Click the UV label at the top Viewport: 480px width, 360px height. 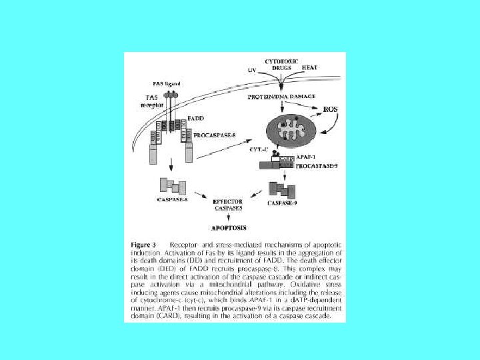[x=252, y=70]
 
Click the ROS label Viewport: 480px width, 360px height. [x=330, y=109]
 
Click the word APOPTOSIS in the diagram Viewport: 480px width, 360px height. [x=229, y=228]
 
